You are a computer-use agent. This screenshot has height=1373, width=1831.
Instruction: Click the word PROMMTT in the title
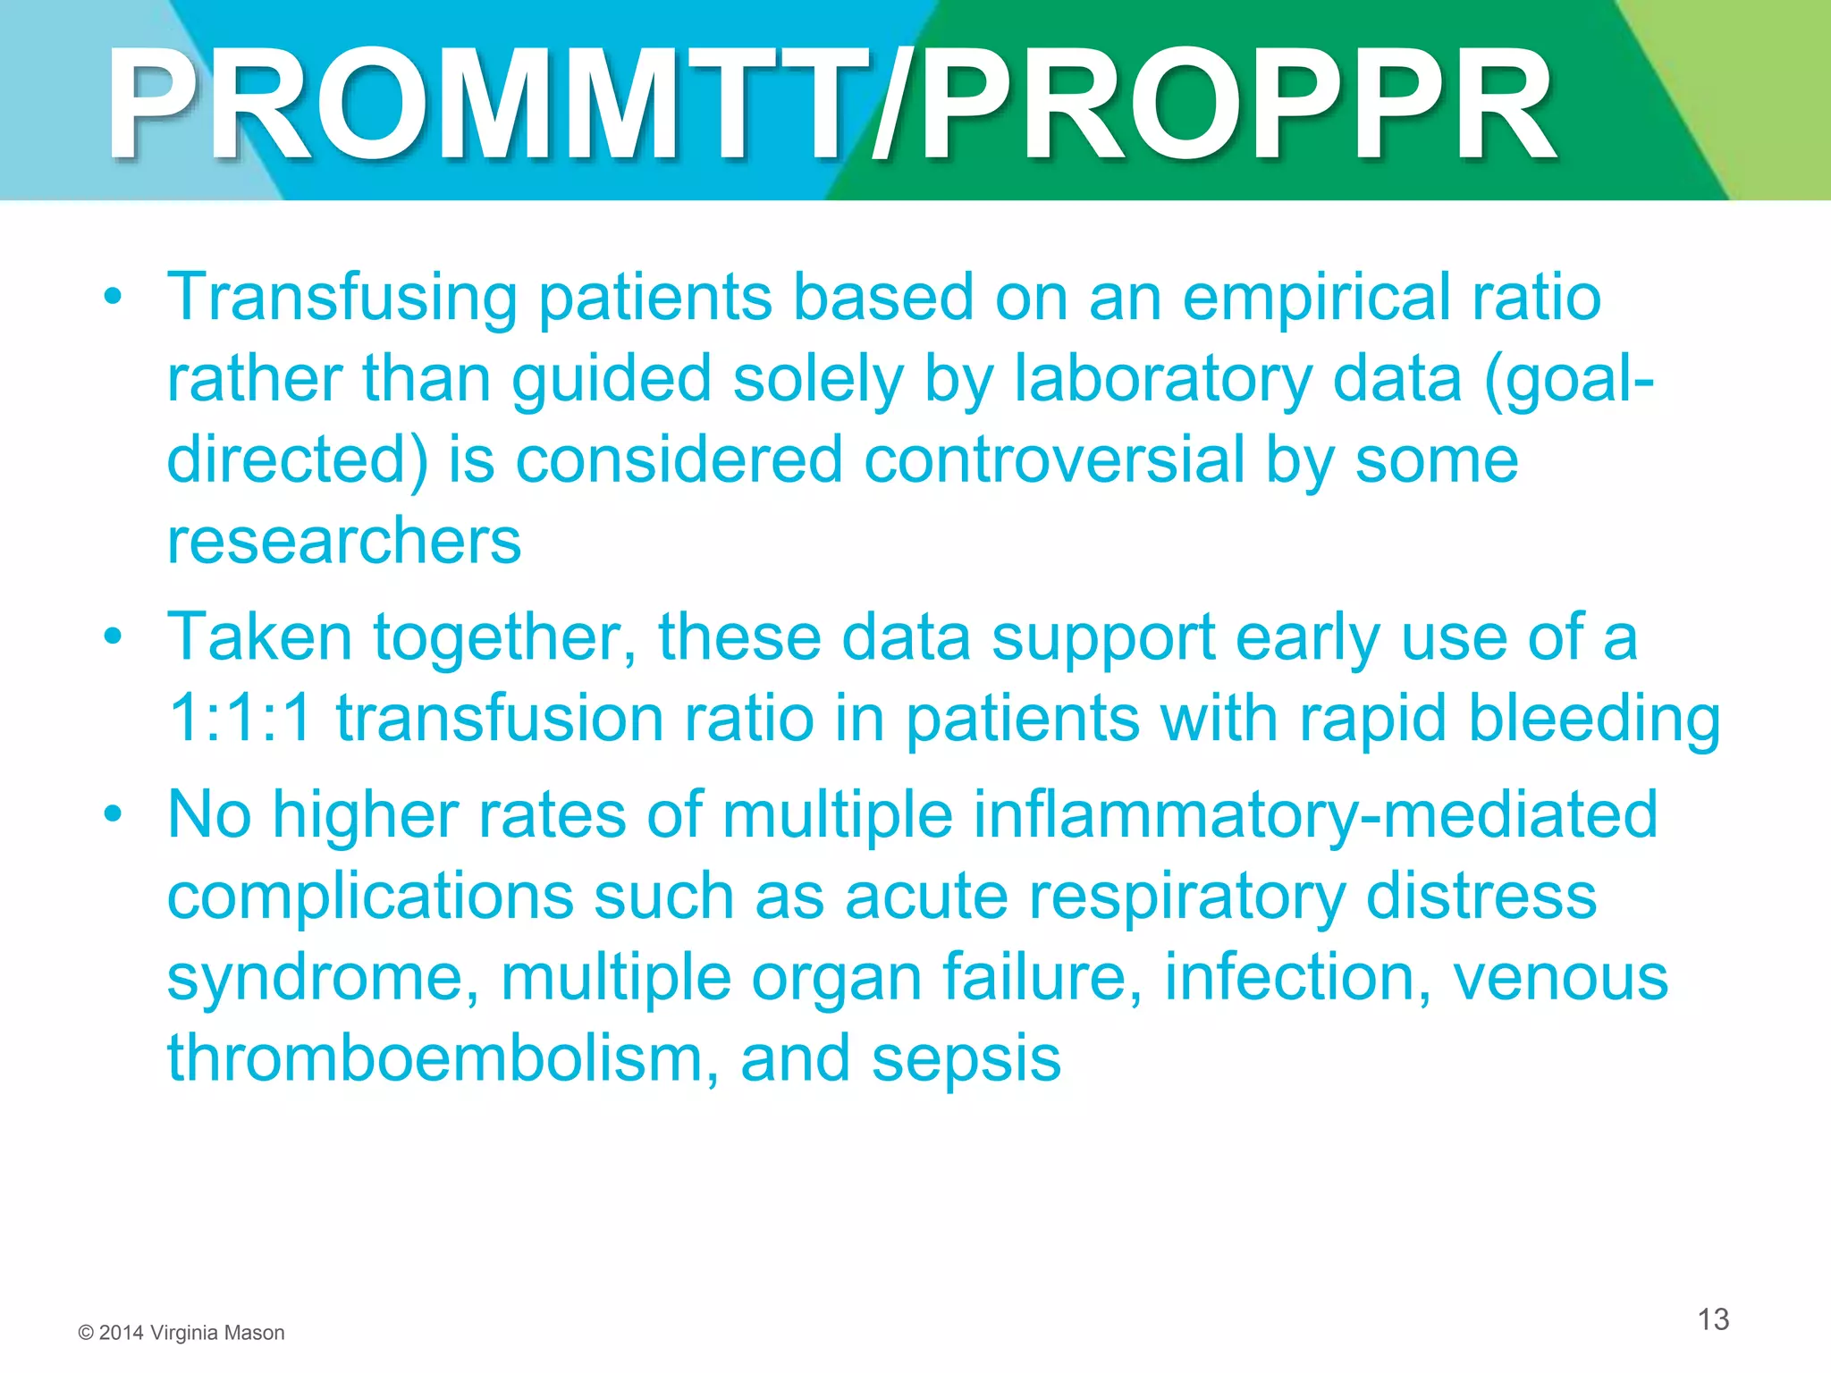487,105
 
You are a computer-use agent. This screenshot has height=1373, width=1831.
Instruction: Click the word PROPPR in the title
1238,105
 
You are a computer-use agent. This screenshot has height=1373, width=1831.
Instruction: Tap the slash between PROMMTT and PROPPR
894,105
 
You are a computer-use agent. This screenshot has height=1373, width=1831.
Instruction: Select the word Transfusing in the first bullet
342,299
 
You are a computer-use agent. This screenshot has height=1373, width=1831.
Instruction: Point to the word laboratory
1162,380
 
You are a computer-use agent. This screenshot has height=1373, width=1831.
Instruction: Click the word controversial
1054,460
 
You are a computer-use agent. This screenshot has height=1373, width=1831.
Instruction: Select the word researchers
344,542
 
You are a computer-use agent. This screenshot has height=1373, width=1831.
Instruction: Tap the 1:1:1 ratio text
240,719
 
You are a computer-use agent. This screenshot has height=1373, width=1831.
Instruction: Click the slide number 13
1713,1319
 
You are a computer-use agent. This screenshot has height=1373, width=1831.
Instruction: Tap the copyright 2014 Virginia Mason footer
181,1333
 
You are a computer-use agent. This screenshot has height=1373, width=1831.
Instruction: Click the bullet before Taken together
112,637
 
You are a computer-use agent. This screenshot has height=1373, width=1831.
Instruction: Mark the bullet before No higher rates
112,814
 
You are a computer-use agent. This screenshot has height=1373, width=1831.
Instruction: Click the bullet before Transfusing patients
112,298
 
